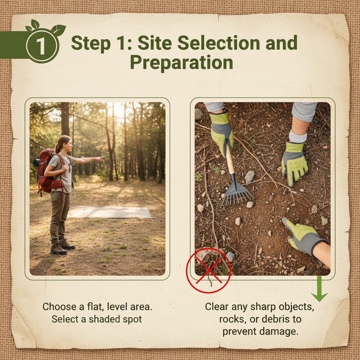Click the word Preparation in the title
pyautogui.click(x=182, y=63)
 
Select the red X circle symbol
pyautogui.click(x=208, y=270)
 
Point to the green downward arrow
pyautogui.click(x=319, y=289)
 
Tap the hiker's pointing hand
pyautogui.click(x=100, y=159)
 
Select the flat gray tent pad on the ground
pyautogui.click(x=110, y=212)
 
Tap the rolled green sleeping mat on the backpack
pyautogui.click(x=36, y=162)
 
